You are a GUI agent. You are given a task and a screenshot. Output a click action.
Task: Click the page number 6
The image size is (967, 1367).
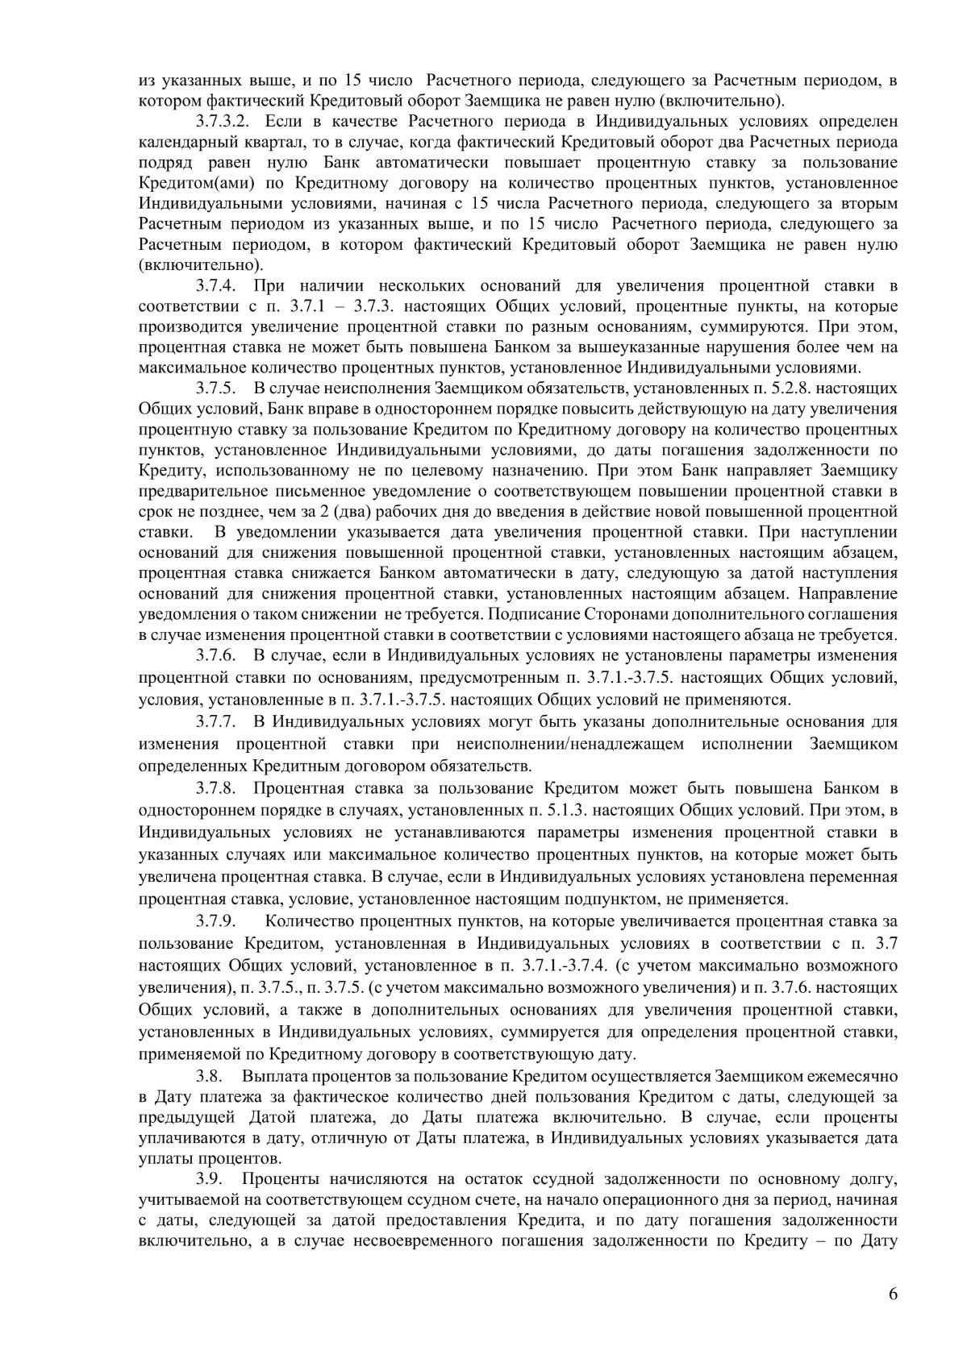click(x=892, y=1316)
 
